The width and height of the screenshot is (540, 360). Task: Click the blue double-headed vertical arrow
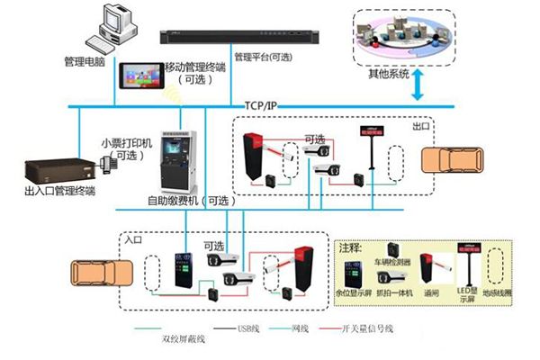click(x=418, y=88)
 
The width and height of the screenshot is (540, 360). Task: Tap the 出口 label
click(x=420, y=126)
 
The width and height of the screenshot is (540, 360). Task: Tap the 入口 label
click(x=133, y=241)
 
